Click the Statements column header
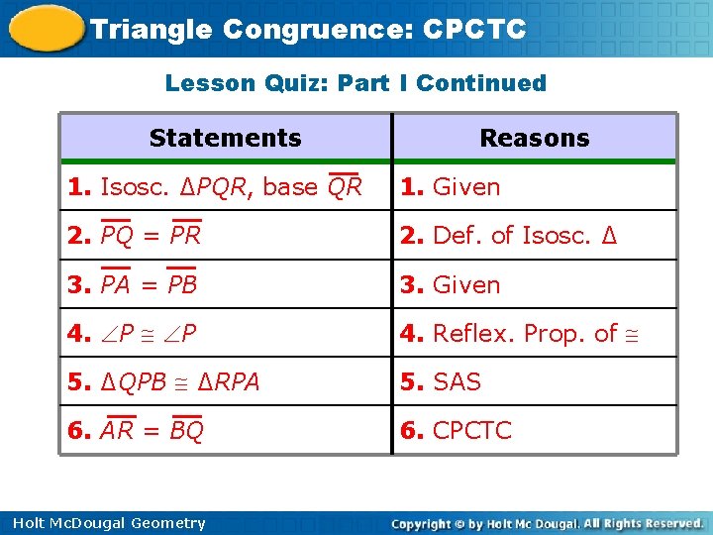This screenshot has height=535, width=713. (226, 138)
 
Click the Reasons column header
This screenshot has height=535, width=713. (534, 138)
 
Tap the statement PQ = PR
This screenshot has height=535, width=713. (151, 236)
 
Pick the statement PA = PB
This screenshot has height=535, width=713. (149, 284)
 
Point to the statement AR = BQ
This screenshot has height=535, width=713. (152, 431)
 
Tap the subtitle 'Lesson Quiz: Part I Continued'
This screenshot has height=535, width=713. (356, 83)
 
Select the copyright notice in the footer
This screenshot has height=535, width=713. (547, 523)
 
